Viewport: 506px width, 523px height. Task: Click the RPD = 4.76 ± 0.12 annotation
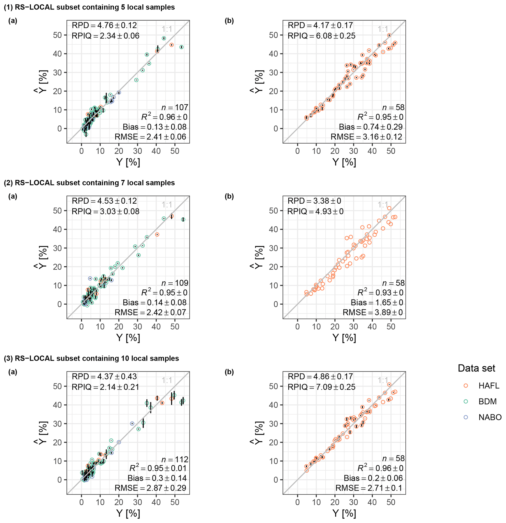[x=104, y=25]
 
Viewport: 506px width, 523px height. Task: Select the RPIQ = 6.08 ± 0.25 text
[x=321, y=36]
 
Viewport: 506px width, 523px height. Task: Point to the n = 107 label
[x=175, y=107]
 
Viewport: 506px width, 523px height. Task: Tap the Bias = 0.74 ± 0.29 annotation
[x=371, y=127]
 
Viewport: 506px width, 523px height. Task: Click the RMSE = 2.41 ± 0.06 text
[x=150, y=137]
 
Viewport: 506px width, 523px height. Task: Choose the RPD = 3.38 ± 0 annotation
[x=314, y=201]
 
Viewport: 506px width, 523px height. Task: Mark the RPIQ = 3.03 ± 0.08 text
[x=106, y=211]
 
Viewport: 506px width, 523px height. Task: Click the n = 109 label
[x=175, y=283]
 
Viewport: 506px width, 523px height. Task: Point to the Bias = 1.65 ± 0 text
[x=377, y=302]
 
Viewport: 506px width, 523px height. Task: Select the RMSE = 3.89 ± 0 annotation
[x=373, y=312]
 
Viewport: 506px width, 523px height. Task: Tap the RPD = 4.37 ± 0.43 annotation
[x=104, y=376]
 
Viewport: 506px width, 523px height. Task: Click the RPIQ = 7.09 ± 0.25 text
[x=321, y=387]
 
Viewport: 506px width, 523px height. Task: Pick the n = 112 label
[x=175, y=459]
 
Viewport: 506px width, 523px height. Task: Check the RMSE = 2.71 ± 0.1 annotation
[x=369, y=488]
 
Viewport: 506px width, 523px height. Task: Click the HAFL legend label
[x=489, y=386]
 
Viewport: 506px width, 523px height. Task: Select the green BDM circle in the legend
[x=466, y=402]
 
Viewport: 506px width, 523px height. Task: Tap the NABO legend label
[x=490, y=417]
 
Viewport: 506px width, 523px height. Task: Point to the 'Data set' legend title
[x=476, y=368]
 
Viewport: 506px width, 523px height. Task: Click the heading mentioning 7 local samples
[x=89, y=183]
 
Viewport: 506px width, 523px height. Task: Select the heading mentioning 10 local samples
[x=92, y=358]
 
